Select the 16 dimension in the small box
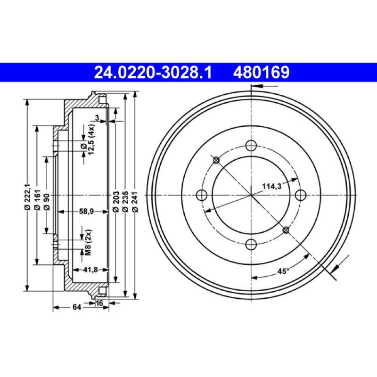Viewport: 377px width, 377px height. [x=99, y=303]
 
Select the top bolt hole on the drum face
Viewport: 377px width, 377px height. [x=252, y=146]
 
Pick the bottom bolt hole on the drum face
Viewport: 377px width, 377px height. [x=252, y=244]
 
